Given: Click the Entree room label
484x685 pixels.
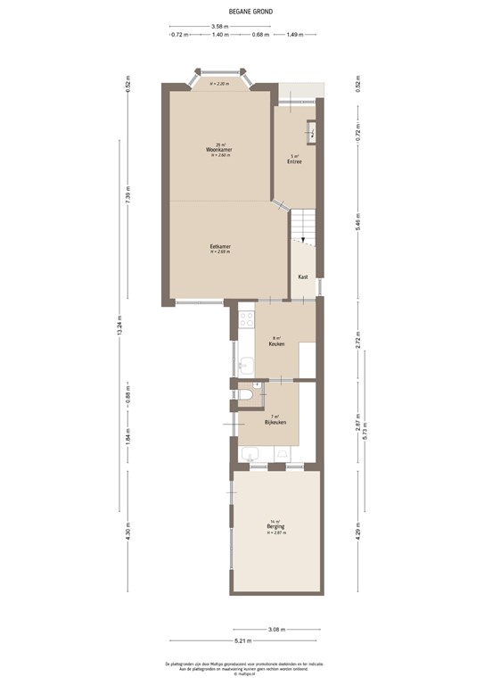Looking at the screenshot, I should point(294,161).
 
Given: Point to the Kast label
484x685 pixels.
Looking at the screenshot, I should point(303,276).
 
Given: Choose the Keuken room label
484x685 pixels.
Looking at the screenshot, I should point(277,343).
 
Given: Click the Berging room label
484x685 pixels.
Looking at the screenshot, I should point(275,527).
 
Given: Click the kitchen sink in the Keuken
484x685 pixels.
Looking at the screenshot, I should point(245,364).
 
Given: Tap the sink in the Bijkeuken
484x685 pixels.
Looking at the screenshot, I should point(250,454).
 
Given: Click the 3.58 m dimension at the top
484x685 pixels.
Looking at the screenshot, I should point(219,26).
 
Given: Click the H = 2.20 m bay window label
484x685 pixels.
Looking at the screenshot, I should point(219,84).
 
